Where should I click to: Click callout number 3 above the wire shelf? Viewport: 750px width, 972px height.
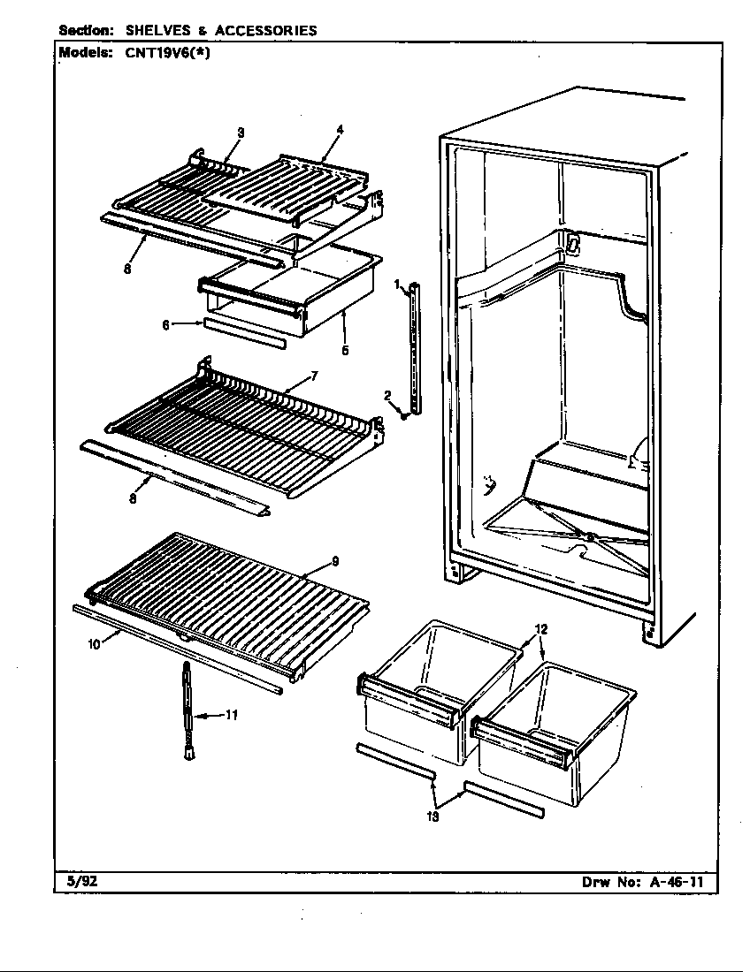(x=241, y=133)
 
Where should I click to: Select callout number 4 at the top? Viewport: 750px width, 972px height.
(x=340, y=130)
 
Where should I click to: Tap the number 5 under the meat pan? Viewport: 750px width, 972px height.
(x=345, y=350)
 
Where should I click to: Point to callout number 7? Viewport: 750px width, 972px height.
(x=314, y=376)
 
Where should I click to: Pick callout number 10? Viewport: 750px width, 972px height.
(x=94, y=644)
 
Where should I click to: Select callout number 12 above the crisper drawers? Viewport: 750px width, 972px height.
(x=541, y=630)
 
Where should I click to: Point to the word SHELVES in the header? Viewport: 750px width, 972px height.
(x=159, y=31)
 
